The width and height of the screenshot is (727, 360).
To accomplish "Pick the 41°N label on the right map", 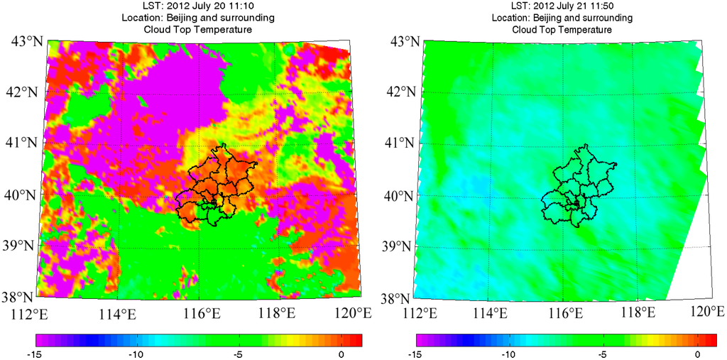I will [400, 143].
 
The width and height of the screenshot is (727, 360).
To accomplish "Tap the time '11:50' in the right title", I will [613, 6].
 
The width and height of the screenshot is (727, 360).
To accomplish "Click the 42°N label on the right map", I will [400, 92].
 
